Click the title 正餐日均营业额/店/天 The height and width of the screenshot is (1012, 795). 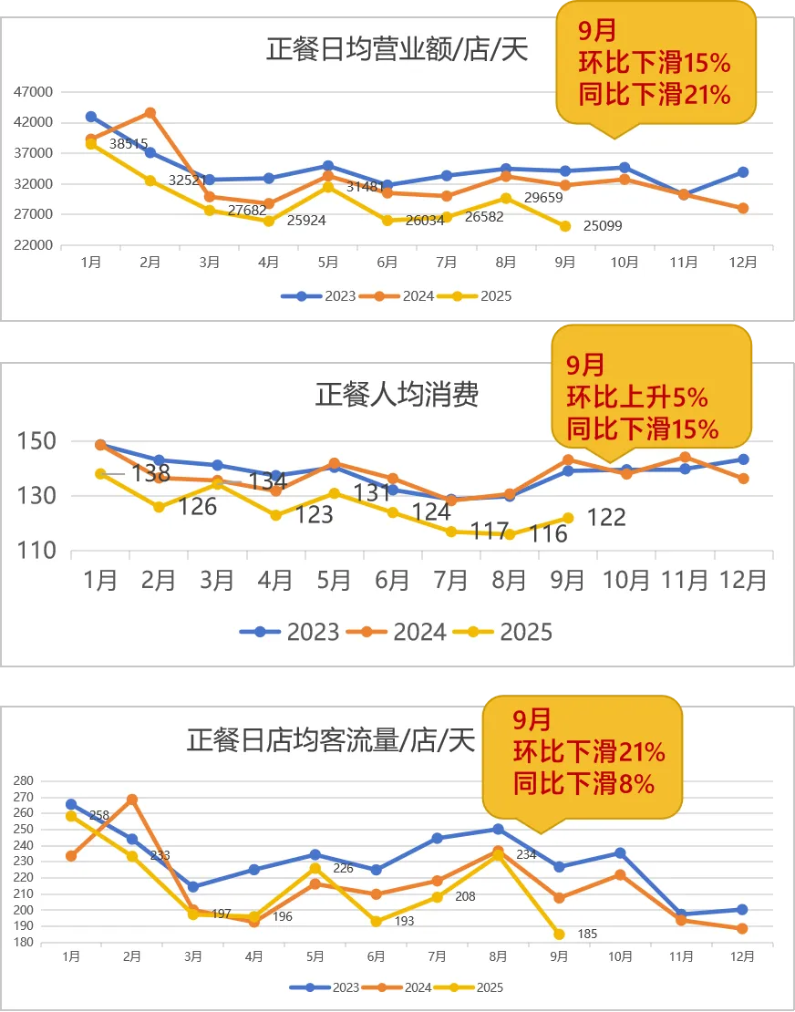pos(397,48)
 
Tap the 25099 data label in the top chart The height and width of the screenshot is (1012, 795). pos(603,226)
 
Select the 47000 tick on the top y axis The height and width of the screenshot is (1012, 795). pos(35,91)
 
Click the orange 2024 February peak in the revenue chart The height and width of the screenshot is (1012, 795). pos(150,113)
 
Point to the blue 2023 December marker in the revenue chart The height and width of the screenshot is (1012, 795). pos(743,172)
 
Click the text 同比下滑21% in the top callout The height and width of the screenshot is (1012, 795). pos(655,93)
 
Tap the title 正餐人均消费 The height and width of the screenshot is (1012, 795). pos(397,395)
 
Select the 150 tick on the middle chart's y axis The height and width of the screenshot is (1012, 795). pos(36,441)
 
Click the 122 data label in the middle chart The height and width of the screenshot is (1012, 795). pos(606,518)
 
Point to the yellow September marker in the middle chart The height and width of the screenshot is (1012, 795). pos(568,518)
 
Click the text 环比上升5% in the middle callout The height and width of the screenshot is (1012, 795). pos(637,398)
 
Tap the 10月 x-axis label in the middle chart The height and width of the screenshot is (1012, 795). pos(626,580)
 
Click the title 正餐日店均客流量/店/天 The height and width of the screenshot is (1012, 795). pos(331,740)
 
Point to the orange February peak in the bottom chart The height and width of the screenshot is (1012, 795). pos(132,800)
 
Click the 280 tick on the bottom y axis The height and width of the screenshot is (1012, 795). pos(23,781)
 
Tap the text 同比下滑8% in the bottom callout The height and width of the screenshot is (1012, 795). pos(583,782)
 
